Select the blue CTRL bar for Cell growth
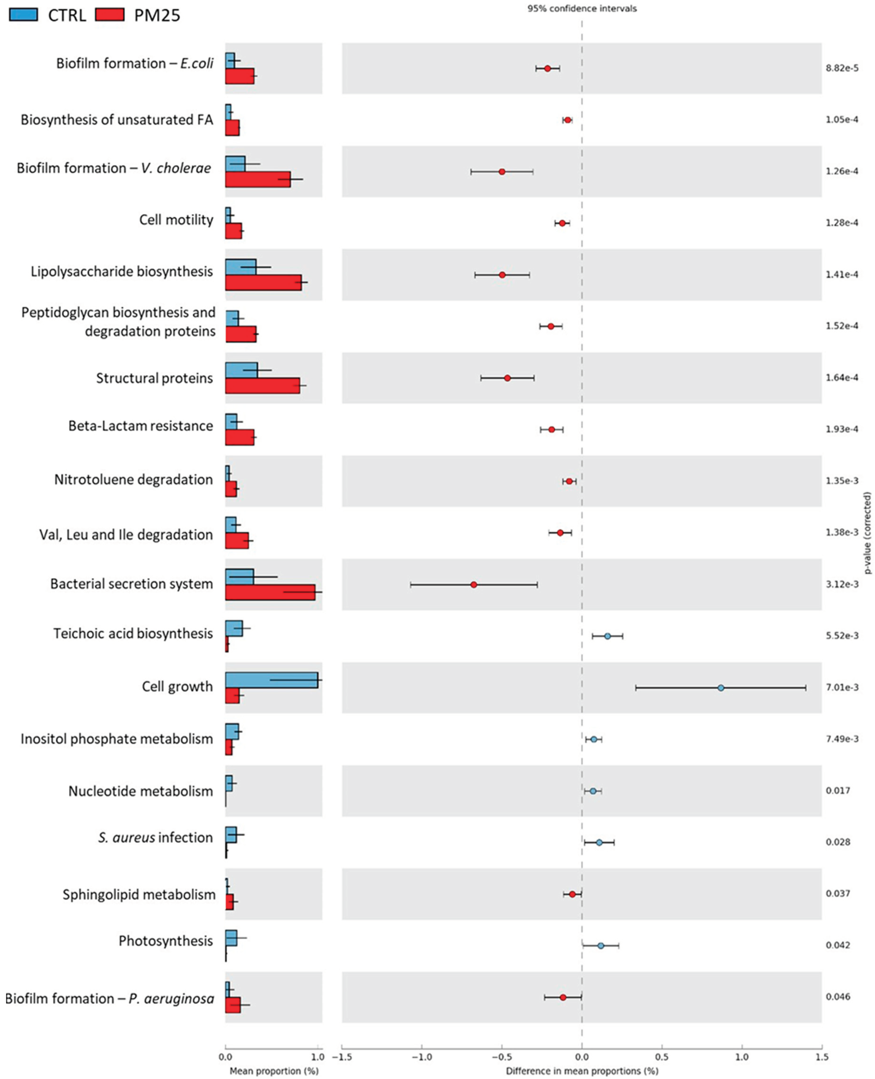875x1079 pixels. pos(271,680)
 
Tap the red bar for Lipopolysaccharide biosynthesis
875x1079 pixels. pos(263,282)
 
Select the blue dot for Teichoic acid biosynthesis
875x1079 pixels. pos(607,636)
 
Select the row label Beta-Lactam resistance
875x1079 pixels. pos(141,426)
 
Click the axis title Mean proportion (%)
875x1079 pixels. pos(274,1071)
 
